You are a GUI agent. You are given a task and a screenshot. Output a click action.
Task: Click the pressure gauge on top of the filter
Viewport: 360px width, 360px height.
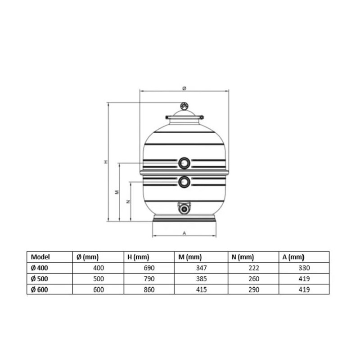(x=184, y=106)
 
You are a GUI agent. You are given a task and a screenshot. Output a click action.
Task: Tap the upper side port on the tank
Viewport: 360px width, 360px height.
(x=184, y=163)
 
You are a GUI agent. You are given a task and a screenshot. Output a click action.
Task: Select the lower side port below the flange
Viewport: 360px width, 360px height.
(x=184, y=182)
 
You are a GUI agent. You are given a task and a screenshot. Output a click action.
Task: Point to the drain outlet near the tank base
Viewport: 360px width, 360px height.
(x=184, y=208)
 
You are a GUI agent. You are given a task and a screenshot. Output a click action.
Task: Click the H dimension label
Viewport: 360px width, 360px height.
(x=106, y=162)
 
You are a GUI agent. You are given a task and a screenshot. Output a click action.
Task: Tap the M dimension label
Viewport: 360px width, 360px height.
(x=117, y=192)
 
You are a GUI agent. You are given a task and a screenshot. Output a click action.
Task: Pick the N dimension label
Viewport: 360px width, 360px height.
(x=128, y=202)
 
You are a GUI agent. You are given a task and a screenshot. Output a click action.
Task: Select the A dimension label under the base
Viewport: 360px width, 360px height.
(x=184, y=233)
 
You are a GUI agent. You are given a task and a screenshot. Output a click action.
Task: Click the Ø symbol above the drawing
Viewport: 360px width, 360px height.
(x=184, y=88)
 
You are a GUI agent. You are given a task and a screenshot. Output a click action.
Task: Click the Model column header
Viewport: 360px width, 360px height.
(x=40, y=257)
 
